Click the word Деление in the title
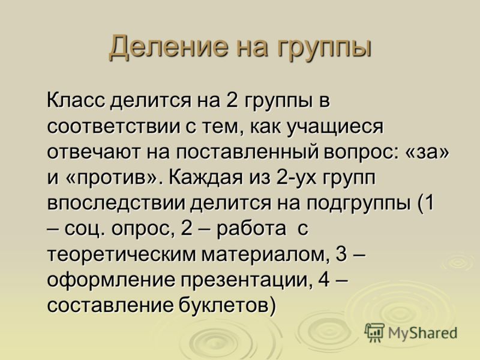point(169,47)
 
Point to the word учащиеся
point(335,127)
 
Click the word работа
point(251,229)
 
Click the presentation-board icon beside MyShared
point(374,332)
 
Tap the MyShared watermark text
point(422,333)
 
